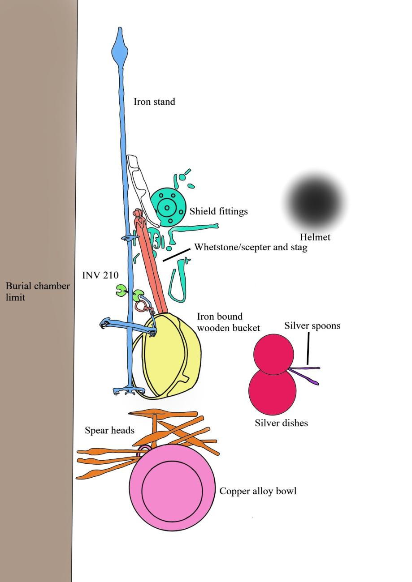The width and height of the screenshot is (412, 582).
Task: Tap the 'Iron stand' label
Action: [154, 102]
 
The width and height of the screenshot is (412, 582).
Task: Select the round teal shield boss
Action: [168, 207]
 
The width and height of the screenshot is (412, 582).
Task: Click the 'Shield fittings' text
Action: [218, 211]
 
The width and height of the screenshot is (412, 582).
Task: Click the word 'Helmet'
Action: [315, 237]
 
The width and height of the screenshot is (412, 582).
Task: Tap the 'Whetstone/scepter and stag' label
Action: [251, 247]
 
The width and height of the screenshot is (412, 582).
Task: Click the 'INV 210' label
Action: [100, 275]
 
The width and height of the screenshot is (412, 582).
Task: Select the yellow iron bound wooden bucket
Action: [173, 356]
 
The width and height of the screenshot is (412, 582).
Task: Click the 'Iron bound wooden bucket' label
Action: [228, 322]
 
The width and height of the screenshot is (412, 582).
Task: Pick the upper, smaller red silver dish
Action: [273, 354]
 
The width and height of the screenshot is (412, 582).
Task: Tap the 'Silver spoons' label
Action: [312, 326]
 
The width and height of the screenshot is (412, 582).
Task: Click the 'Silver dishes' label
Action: [281, 423]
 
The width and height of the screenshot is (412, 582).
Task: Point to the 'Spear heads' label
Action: [109, 431]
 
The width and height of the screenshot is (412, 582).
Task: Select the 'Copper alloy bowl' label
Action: [258, 491]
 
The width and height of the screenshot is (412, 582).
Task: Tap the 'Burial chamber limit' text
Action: [37, 291]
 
